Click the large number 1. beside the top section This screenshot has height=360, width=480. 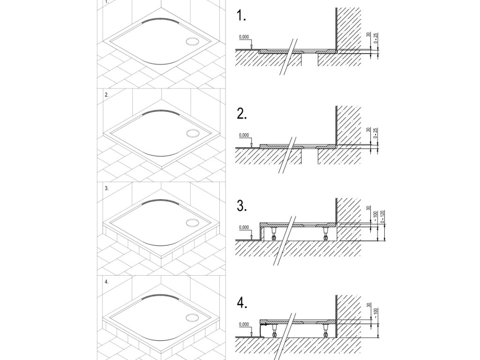click(242, 17)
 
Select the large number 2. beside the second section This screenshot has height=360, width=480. click(242, 114)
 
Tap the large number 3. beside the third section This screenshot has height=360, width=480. click(242, 207)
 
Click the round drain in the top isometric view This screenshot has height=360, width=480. click(193, 41)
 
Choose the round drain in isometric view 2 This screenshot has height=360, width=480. click(193, 133)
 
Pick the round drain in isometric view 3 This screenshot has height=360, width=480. click(193, 223)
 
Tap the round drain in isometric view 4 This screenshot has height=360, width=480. click(193, 317)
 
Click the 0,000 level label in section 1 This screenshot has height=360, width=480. click(244, 37)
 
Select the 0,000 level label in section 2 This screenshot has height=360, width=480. click(244, 135)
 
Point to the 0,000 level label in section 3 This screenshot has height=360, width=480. click(244, 227)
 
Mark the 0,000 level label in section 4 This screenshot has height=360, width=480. click(244, 324)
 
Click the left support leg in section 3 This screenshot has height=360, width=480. click(273, 232)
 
